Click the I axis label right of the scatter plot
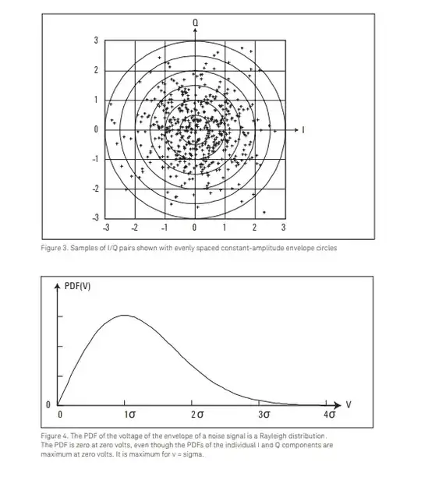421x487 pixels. (x=303, y=129)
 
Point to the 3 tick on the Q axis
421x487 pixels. (x=96, y=41)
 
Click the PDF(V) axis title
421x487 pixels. (x=77, y=286)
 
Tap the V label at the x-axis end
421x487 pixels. (x=348, y=405)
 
